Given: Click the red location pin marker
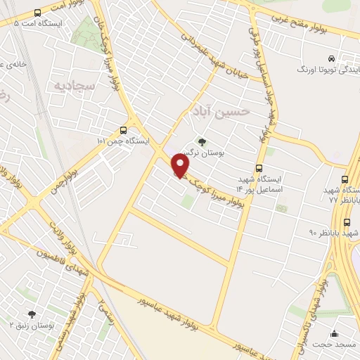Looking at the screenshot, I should click(181, 166).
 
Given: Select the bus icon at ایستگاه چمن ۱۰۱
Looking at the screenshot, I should click(124, 130).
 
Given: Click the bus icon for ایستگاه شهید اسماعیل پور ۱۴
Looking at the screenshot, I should click(259, 168).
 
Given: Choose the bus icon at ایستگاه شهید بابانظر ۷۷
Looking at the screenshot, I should click(345, 179).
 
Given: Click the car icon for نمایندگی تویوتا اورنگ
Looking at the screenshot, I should click(330, 58).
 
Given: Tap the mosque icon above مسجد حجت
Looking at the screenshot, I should click(334, 334).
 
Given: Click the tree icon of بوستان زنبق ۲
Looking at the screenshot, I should click(31, 314).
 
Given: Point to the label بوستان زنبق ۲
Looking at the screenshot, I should click(31, 326).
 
